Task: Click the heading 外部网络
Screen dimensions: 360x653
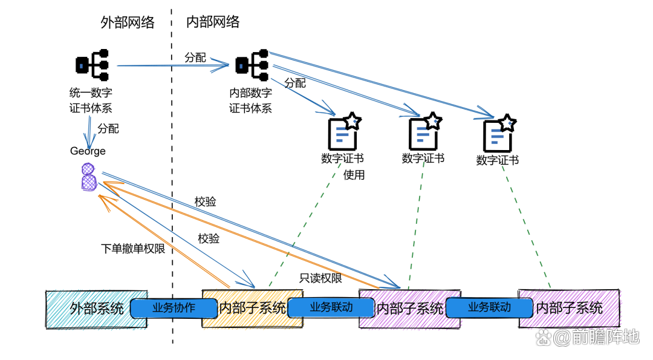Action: click(x=127, y=23)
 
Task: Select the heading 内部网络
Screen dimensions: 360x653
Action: click(x=212, y=22)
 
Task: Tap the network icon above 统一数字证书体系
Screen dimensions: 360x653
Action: click(x=93, y=65)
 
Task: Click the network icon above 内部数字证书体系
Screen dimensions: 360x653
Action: click(x=252, y=64)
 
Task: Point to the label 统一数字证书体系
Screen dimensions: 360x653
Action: click(x=91, y=100)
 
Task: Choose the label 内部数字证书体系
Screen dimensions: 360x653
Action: click(x=250, y=100)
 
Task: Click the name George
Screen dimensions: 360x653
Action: click(x=88, y=151)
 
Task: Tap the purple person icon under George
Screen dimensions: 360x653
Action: click(x=88, y=177)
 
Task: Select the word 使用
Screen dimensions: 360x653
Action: click(x=354, y=175)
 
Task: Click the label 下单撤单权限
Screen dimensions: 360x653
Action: click(x=132, y=248)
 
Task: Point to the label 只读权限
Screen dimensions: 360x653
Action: click(x=320, y=278)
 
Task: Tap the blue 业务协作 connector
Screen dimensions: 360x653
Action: click(x=173, y=307)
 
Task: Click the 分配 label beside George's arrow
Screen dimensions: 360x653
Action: click(x=109, y=128)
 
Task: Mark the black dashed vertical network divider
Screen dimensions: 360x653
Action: click(x=172, y=182)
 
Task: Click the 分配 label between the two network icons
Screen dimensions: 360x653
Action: click(x=195, y=58)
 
